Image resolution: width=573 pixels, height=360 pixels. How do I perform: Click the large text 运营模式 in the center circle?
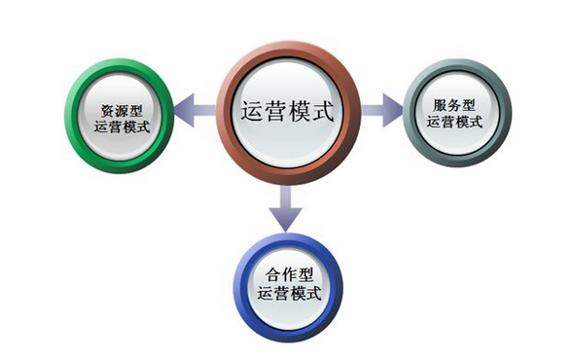point(287,111)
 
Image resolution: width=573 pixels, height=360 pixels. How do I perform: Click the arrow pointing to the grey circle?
point(382,109)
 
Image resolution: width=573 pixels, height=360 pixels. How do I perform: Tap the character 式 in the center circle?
point(322,111)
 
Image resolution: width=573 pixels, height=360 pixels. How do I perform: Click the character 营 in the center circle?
point(275,111)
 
